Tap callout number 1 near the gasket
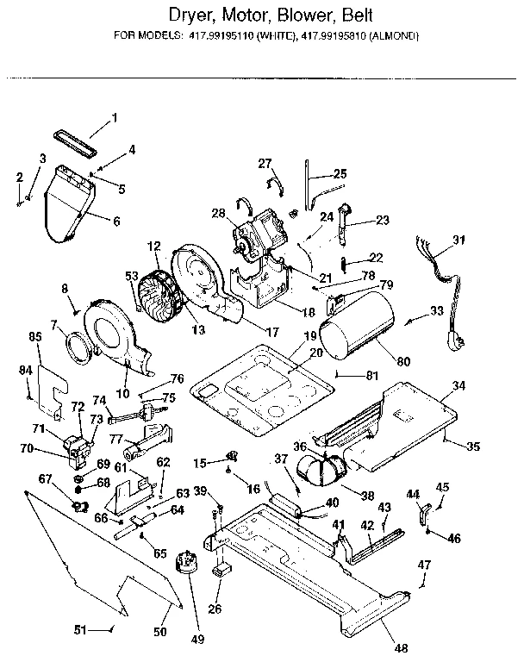point(114,117)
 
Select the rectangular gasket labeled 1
point(72,136)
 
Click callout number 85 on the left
point(35,337)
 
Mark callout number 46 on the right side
point(453,538)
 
